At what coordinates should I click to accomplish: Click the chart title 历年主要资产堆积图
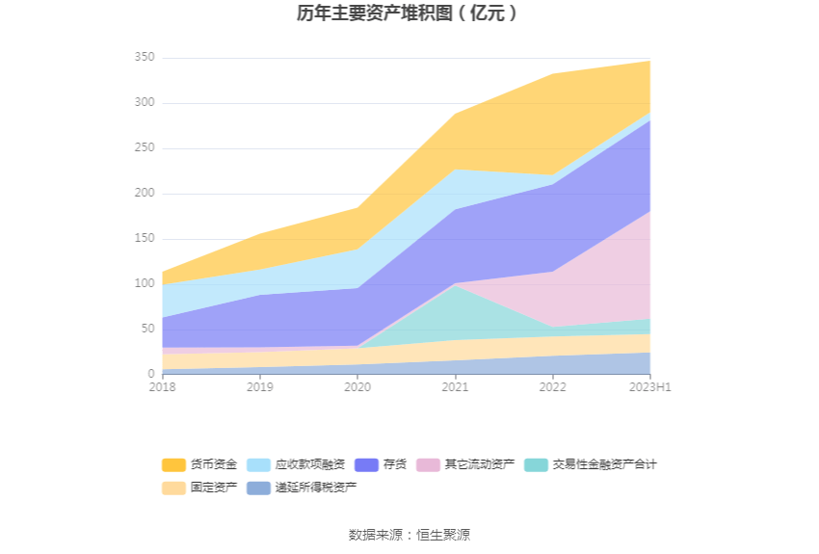[x=409, y=13]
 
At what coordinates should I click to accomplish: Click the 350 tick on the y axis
[x=145, y=58]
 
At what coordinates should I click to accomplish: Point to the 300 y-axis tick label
[x=145, y=103]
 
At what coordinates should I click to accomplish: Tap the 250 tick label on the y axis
[x=145, y=148]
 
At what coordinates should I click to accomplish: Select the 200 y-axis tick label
[x=145, y=194]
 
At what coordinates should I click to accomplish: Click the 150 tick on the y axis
[x=145, y=239]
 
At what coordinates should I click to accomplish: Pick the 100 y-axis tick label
[x=145, y=284]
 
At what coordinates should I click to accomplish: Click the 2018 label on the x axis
[x=162, y=387]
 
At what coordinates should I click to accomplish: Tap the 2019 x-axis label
[x=259, y=387]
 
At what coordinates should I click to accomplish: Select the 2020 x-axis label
[x=357, y=387]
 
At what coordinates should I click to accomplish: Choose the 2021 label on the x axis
[x=455, y=387]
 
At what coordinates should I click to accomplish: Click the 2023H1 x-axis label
[x=649, y=387]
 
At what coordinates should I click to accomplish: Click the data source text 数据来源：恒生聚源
[x=409, y=535]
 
